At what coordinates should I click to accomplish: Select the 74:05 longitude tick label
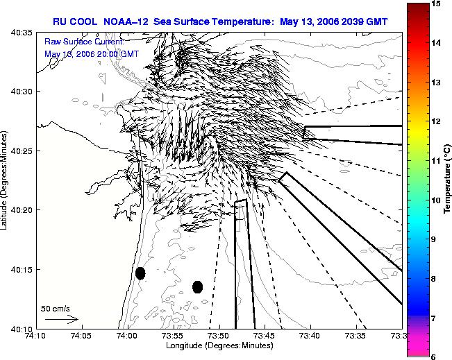click(82, 336)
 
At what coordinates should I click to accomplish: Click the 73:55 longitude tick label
click(174, 336)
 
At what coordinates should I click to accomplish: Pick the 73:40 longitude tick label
click(311, 336)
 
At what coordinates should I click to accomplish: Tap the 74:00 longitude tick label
click(128, 336)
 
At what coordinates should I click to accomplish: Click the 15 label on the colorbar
click(436, 3)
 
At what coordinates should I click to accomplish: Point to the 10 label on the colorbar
click(436, 200)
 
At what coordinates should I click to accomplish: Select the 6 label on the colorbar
click(433, 357)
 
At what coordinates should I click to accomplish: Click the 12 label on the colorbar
click(436, 121)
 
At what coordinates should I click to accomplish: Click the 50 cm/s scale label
click(56, 309)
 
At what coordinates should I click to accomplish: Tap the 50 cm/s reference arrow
click(62, 319)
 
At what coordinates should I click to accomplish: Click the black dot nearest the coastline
click(140, 273)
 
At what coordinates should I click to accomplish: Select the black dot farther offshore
click(197, 287)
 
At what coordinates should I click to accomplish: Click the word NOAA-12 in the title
click(126, 22)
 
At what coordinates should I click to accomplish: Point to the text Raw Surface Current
click(84, 42)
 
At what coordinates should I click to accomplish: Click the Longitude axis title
click(219, 345)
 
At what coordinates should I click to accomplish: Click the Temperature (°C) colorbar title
click(447, 178)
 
